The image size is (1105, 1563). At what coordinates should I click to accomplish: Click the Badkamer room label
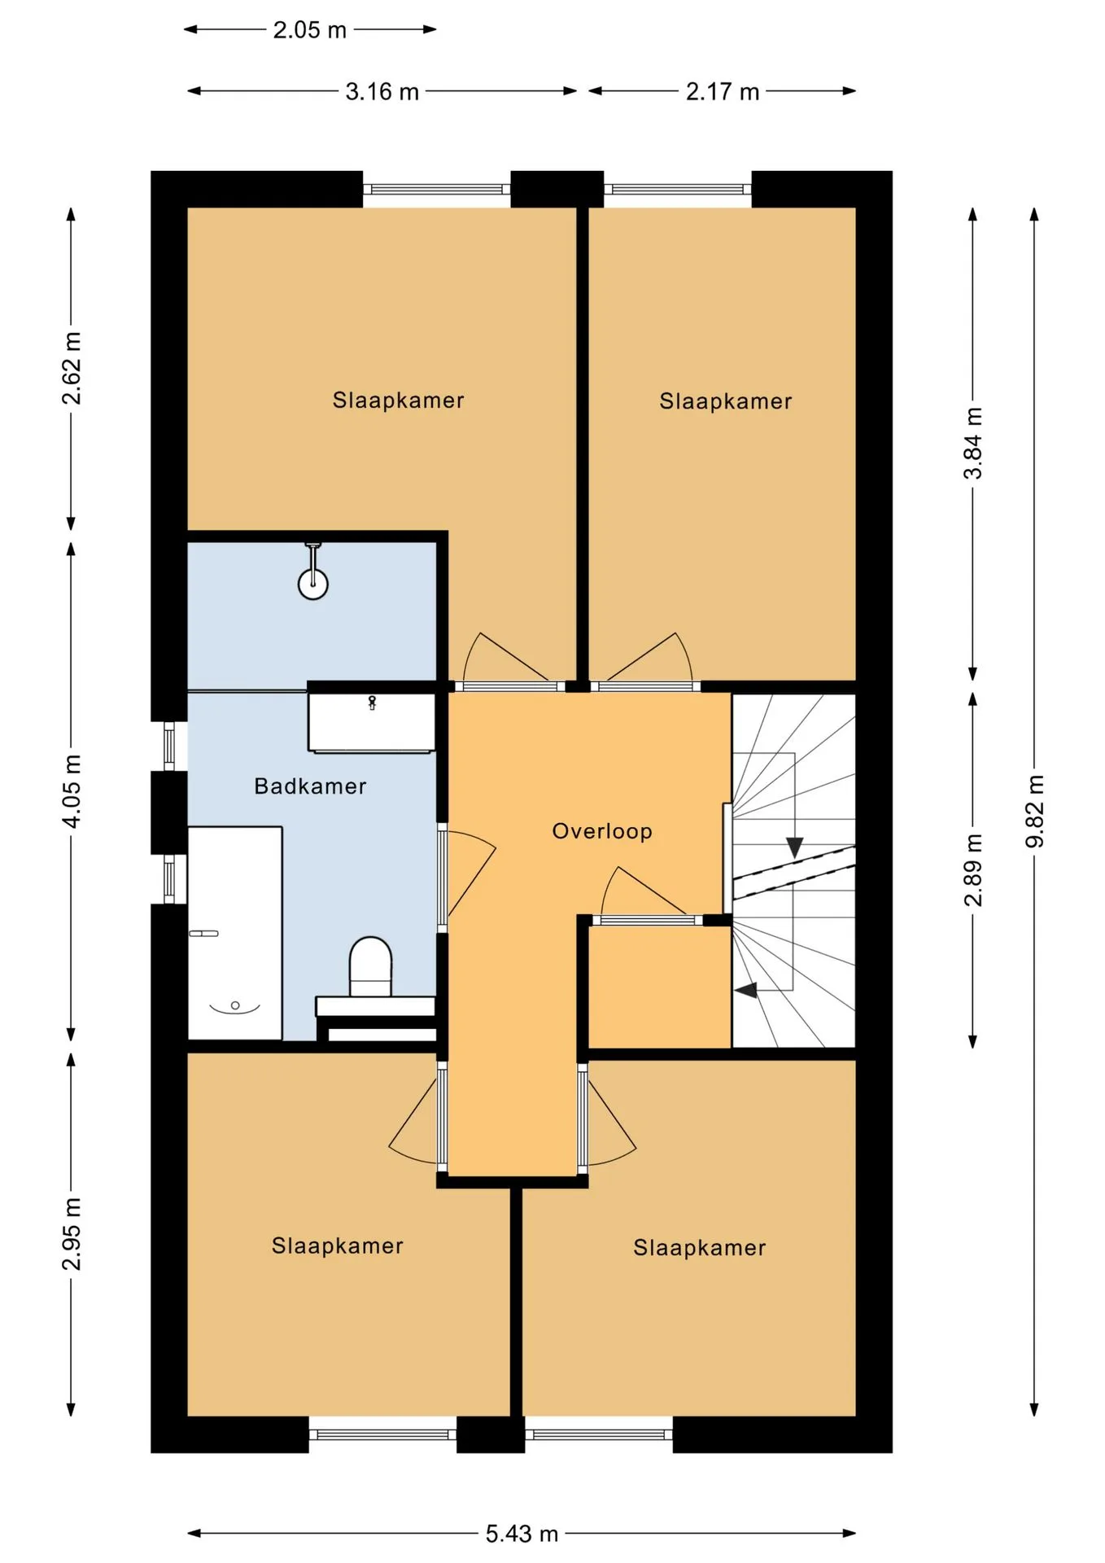click(x=310, y=786)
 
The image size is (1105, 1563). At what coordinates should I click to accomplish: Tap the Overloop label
click(x=602, y=831)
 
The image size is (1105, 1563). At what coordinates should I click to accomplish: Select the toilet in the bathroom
click(x=370, y=966)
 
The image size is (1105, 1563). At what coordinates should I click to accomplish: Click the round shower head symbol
click(x=312, y=584)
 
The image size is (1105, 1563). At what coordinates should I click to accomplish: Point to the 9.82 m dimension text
click(x=1034, y=812)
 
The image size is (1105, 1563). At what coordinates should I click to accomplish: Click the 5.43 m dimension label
click(x=522, y=1534)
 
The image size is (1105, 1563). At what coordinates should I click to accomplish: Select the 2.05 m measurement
click(x=309, y=30)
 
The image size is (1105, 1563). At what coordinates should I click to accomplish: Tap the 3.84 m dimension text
click(x=973, y=444)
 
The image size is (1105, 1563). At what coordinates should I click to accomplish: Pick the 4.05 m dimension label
click(x=72, y=791)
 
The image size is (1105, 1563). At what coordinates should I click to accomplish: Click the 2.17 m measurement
click(x=723, y=91)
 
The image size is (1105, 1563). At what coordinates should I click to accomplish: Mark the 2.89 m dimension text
click(x=973, y=870)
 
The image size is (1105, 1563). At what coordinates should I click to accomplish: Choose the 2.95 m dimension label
click(x=72, y=1233)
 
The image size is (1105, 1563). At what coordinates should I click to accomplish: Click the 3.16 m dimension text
click(x=382, y=91)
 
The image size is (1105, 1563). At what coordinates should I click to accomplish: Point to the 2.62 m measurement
click(x=72, y=368)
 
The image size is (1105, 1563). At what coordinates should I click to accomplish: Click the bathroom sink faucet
click(x=372, y=703)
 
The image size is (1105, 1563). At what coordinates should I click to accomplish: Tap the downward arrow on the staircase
click(x=794, y=847)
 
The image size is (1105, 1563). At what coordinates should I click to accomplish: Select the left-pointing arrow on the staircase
click(x=745, y=990)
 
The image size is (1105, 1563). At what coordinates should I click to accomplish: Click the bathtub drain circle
click(x=235, y=1005)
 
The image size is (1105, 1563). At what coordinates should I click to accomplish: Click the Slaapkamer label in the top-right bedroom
click(x=725, y=401)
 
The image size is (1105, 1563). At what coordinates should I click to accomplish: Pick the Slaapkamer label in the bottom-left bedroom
click(x=337, y=1246)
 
